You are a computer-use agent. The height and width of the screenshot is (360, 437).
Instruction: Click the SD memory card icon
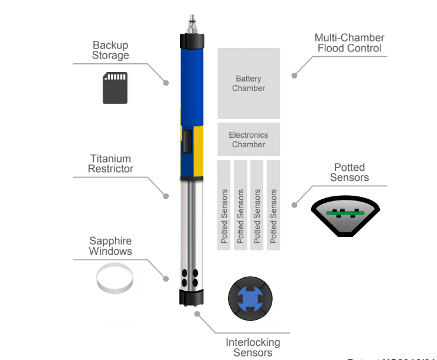point(115,87)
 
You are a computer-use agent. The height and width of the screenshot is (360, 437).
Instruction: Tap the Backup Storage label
point(110,50)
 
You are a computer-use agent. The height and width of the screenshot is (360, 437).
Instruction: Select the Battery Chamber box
point(249,83)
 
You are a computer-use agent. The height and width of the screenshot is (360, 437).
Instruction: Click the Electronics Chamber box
point(249,140)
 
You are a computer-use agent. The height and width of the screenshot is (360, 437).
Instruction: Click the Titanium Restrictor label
point(110,164)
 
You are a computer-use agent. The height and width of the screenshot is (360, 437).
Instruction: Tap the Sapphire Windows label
point(110,246)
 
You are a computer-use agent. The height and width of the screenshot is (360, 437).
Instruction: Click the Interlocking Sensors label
point(253,347)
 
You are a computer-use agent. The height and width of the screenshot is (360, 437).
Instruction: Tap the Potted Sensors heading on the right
point(349,172)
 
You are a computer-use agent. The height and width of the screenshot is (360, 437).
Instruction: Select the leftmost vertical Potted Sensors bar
point(224,205)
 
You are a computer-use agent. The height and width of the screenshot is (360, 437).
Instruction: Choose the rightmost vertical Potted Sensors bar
point(273,205)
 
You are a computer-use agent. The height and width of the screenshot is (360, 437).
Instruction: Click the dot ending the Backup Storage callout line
point(167,82)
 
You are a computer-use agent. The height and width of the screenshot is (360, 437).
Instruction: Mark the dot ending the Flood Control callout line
point(294,75)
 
